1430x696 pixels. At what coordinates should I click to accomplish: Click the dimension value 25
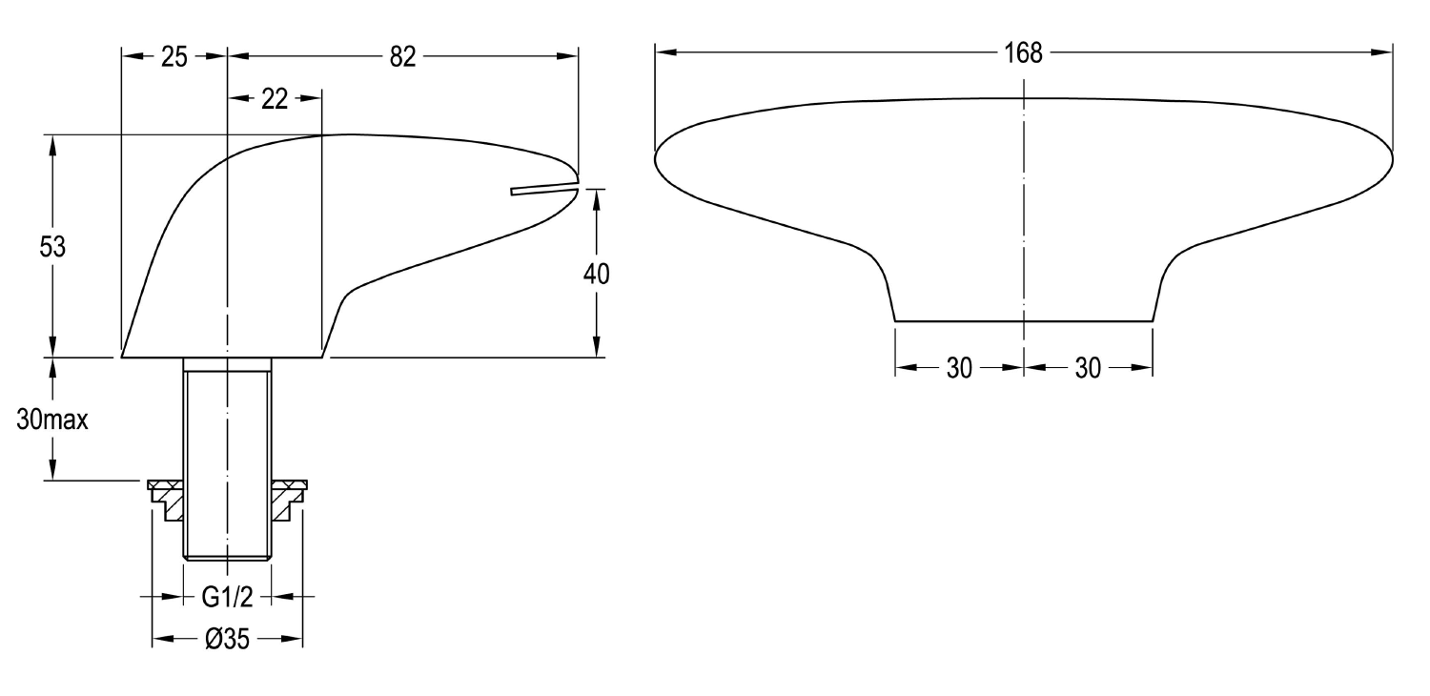click(x=174, y=57)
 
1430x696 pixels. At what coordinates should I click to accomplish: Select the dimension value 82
click(x=402, y=57)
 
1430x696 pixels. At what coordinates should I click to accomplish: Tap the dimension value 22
click(x=275, y=99)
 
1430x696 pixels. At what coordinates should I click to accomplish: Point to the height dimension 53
click(x=52, y=247)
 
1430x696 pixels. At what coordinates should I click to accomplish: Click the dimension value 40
click(x=596, y=274)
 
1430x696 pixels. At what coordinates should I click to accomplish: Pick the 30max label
click(x=52, y=420)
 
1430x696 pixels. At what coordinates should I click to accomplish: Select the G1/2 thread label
click(x=227, y=597)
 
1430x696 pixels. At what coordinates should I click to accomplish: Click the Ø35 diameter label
click(x=227, y=639)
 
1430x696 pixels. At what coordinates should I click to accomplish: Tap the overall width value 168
click(x=1023, y=53)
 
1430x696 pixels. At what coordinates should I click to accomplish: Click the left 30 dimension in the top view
click(x=959, y=368)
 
